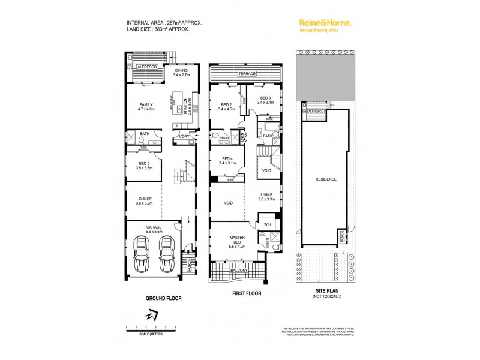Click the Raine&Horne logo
(325, 23)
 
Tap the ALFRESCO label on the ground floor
(148, 67)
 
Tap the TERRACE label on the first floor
(247, 74)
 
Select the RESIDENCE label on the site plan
(323, 179)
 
